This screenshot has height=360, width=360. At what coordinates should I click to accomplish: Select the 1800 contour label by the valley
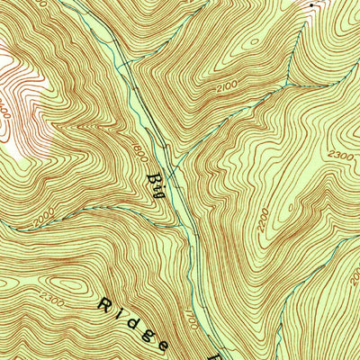click(140, 153)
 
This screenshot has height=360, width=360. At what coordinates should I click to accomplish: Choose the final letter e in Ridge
click(164, 345)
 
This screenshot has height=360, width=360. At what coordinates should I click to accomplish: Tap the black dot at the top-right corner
click(313, 5)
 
